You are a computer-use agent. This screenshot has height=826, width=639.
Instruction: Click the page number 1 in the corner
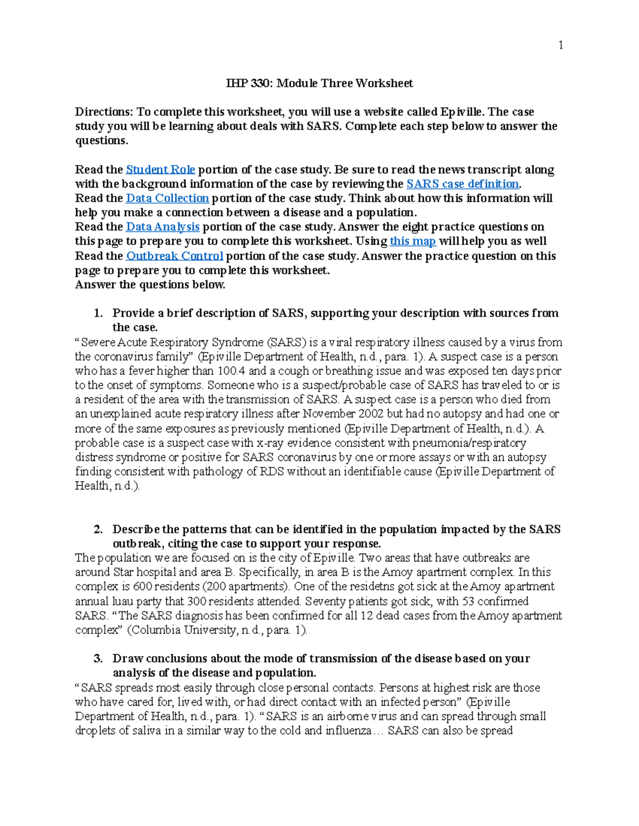560,45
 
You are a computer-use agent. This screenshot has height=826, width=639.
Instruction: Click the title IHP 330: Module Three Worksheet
319,84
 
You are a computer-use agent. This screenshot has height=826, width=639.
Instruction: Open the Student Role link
160,170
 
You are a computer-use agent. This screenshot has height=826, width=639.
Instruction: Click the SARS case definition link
462,184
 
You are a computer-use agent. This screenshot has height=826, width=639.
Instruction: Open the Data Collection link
167,198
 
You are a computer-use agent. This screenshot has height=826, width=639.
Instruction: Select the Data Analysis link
162,227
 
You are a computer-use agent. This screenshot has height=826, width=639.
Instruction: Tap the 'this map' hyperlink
413,241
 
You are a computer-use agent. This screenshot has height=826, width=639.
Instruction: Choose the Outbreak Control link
174,256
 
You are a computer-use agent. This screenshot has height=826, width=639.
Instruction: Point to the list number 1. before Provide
97,313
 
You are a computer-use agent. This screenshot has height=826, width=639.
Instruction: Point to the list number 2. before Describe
97,530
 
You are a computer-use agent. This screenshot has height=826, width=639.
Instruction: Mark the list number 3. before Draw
97,659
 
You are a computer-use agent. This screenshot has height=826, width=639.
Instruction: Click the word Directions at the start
104,112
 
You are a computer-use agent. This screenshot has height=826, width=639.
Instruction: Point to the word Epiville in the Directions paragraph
462,112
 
